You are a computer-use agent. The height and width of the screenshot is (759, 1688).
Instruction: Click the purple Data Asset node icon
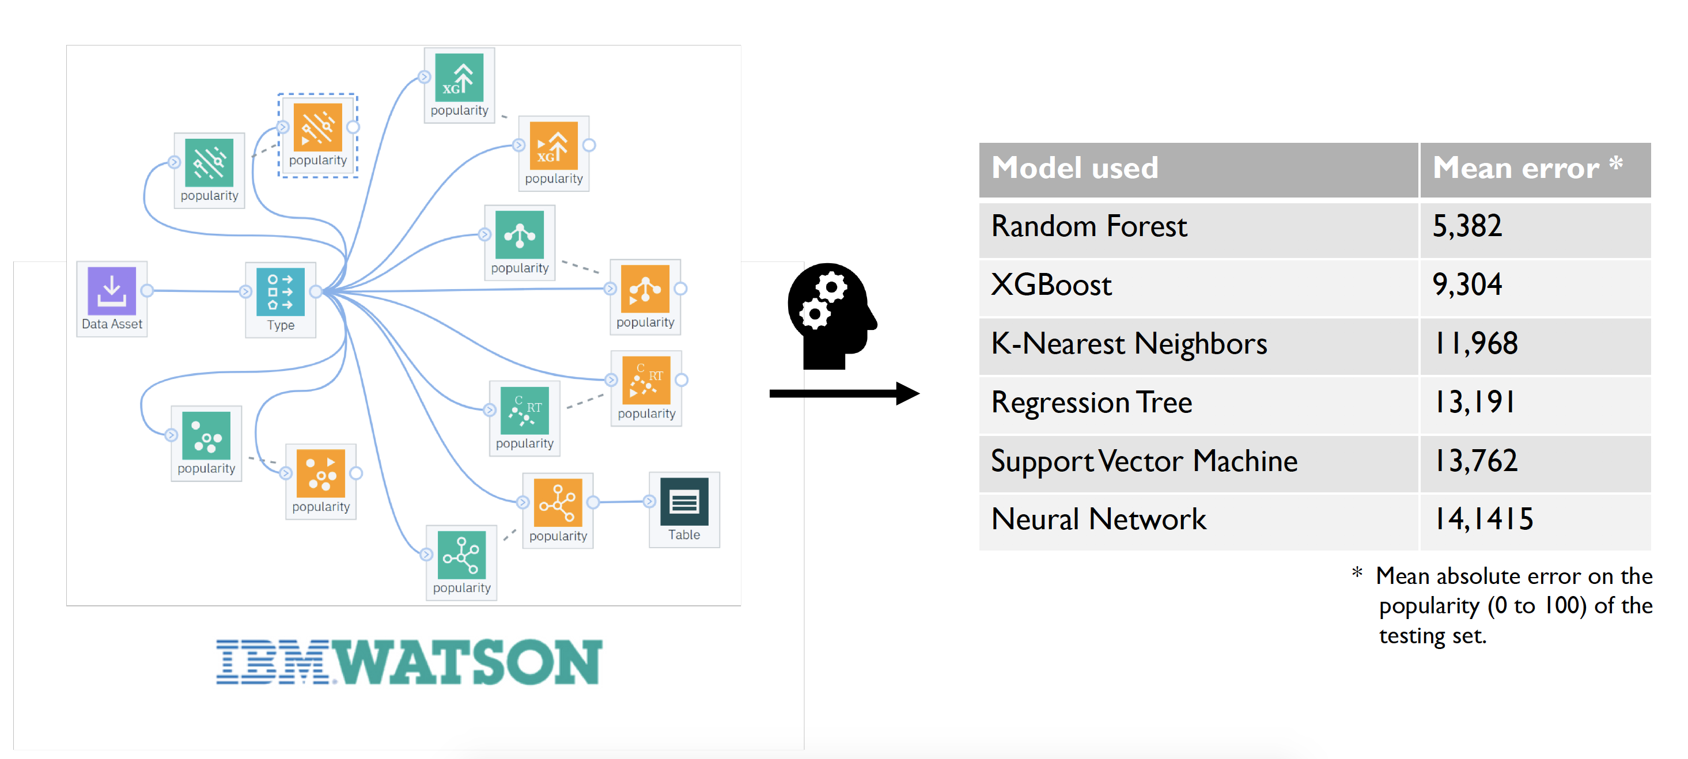click(111, 291)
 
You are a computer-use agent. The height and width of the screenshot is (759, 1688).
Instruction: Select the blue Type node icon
click(281, 291)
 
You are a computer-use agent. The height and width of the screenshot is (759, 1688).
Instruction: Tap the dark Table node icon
click(684, 502)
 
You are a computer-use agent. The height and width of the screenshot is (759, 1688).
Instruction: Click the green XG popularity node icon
click(459, 77)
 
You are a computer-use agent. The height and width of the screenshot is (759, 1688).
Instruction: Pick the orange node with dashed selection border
click(318, 127)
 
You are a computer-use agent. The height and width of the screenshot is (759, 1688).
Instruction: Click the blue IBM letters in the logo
click(272, 662)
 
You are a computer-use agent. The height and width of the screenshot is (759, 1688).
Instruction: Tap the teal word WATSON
click(468, 662)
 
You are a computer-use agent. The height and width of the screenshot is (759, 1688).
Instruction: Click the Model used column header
click(1074, 168)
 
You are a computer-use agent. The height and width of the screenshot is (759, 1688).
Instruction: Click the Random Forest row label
click(1088, 226)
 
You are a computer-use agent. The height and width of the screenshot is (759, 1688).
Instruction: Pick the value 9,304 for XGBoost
click(1467, 285)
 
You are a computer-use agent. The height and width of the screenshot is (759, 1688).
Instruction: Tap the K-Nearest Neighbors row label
click(1129, 344)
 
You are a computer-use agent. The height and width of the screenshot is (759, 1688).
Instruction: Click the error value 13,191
click(1474, 402)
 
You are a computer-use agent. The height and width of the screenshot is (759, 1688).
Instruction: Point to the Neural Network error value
click(1483, 519)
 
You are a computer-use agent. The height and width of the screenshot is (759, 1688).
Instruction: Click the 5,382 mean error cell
click(1467, 226)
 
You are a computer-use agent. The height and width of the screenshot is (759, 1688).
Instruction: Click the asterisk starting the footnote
click(1356, 573)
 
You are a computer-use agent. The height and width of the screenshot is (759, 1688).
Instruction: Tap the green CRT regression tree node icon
click(524, 410)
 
